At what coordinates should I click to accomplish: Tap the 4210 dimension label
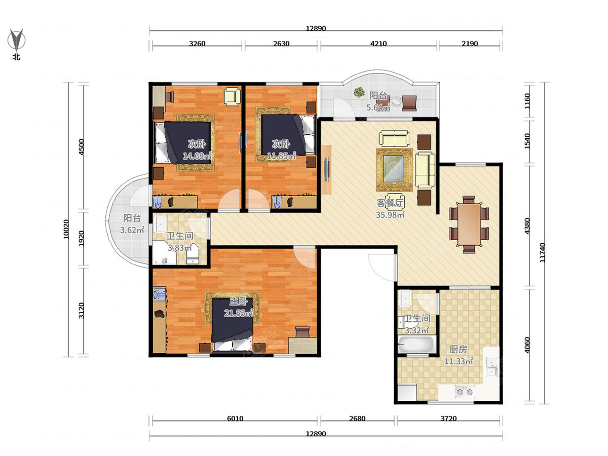(378, 44)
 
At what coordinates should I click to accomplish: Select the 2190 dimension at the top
(470, 44)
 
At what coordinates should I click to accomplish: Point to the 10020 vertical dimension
(66, 229)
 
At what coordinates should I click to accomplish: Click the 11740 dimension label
(542, 252)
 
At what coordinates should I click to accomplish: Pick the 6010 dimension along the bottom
(235, 419)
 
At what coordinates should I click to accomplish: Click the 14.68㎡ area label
(197, 156)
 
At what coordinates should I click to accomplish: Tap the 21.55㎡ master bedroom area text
(239, 313)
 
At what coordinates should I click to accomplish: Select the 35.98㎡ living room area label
(390, 214)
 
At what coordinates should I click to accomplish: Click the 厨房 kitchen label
(458, 350)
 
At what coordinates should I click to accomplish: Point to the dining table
(469, 224)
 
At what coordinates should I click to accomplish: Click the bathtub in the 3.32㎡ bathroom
(415, 345)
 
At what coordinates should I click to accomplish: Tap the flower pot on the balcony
(359, 92)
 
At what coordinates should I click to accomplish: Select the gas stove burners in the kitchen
(465, 392)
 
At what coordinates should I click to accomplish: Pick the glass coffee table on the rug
(393, 169)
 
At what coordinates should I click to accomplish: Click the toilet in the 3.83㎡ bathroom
(192, 254)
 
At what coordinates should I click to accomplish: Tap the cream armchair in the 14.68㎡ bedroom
(232, 96)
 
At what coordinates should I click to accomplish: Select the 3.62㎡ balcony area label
(132, 230)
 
